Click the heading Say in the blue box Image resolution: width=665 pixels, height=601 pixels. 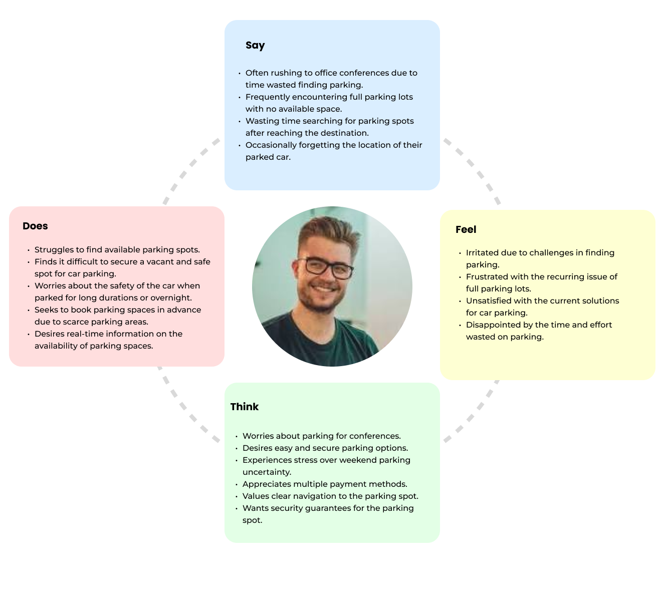(255, 46)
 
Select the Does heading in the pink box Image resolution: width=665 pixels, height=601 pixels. (35, 226)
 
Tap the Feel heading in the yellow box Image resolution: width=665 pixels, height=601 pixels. (466, 229)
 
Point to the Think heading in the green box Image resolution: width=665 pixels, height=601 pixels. (245, 407)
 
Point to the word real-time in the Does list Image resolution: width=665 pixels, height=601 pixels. (85, 334)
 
